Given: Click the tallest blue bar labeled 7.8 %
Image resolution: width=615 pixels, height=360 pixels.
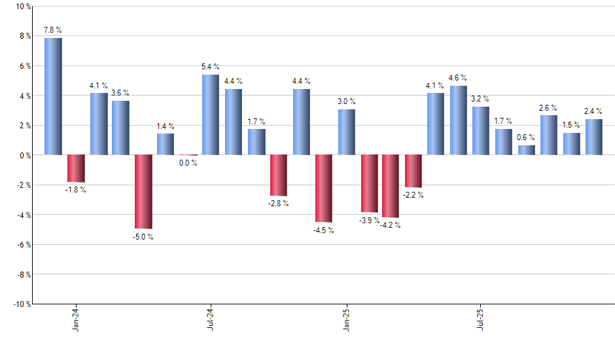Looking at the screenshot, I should [53, 96].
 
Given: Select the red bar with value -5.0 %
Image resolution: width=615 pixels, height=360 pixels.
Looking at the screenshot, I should [143, 191].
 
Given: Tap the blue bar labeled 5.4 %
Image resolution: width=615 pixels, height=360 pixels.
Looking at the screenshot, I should [211, 115].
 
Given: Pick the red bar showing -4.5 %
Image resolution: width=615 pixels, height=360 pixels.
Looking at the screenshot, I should [324, 188].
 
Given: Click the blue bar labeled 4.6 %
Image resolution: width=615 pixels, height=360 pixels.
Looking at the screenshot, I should [459, 120].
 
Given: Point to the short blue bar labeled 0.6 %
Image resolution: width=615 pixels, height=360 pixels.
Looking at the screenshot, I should [526, 150].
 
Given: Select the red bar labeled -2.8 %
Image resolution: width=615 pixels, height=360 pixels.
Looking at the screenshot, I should [279, 175].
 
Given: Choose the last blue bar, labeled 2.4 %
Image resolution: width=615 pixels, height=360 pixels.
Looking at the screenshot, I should [594, 137].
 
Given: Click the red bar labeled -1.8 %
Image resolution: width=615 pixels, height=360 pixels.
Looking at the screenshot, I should [76, 168].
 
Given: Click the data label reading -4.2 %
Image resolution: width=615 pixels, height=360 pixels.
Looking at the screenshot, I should [391, 226].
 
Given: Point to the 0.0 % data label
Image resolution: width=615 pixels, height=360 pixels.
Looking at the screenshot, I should [188, 163].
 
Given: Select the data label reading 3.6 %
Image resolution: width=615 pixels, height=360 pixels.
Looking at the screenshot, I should [120, 93].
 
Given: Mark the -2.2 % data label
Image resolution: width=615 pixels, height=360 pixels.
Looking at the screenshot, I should [413, 195].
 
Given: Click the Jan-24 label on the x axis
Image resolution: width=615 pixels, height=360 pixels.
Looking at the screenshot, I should [76, 319].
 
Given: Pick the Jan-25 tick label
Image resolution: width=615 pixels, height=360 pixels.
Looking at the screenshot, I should [346, 319].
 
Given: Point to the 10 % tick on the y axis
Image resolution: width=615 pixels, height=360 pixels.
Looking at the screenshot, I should [23, 7].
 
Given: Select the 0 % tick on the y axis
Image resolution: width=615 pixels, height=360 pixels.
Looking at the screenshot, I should [25, 155].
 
